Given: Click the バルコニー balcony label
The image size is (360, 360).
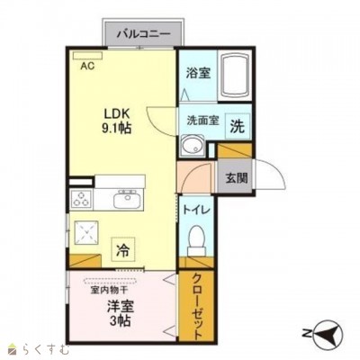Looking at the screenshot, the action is coord(143,33).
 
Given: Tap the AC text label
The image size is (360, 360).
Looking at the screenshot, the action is coord(87,66).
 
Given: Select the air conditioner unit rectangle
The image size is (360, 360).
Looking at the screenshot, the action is coord(88,56).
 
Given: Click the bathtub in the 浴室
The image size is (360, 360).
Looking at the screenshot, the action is coord(234,76).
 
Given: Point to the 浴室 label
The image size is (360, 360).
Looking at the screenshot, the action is coord(198,73).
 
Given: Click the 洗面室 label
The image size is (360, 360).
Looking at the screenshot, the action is coord(202,121).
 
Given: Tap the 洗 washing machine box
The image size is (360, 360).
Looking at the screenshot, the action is coord(238,127).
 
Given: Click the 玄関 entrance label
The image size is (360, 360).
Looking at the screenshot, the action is coord(237,178).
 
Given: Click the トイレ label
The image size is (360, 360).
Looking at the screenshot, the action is coord(196,210).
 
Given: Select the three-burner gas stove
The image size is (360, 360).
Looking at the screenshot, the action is coord(81,199).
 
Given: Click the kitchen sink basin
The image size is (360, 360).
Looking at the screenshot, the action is coord(127,200).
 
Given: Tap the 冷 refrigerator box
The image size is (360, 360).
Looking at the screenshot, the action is coord(123,249).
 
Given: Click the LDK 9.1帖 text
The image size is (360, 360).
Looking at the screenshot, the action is coord(117,121).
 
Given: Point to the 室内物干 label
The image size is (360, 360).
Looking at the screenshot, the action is coord(110,290).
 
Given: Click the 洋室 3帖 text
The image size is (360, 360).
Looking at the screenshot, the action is coord(121,313).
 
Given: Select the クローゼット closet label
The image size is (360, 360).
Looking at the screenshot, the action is coord(196,306).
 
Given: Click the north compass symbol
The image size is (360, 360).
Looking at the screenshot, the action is coord(326,333).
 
